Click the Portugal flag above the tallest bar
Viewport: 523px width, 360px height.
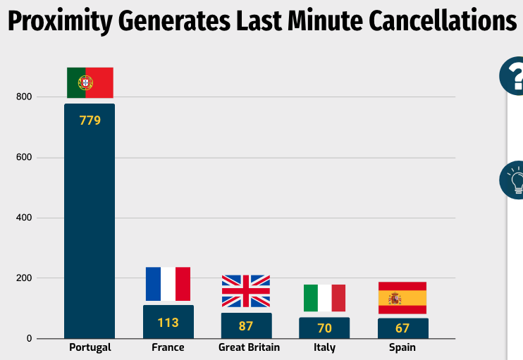(90, 82)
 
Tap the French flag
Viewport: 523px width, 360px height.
(168, 284)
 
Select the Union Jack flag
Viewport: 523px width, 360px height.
(246, 291)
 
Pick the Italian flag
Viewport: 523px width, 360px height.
(324, 297)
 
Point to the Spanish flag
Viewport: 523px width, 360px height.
(402, 297)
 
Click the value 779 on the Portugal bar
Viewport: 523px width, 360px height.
(90, 120)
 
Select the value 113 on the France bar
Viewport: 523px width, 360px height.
(168, 323)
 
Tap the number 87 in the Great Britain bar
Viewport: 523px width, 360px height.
(246, 326)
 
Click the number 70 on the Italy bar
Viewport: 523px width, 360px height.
(324, 328)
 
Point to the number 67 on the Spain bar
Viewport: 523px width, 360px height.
(402, 328)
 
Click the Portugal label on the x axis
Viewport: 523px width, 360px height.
(90, 348)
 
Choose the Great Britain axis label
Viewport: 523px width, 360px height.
(249, 348)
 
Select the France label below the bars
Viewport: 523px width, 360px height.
(168, 348)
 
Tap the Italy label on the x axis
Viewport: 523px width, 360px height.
(324, 348)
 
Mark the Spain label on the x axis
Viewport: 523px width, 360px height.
(402, 348)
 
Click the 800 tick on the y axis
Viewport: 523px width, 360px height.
(25, 97)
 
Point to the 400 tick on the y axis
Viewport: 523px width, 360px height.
(25, 218)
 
